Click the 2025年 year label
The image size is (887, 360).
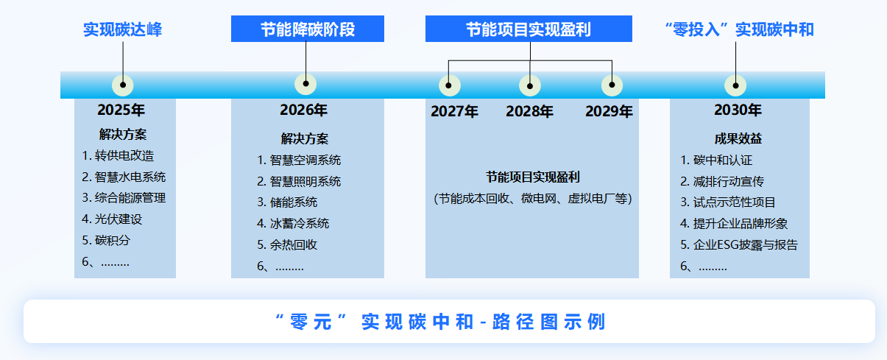(x=121, y=110)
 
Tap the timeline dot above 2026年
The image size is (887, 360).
(x=305, y=84)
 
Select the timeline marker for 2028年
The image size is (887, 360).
(x=530, y=85)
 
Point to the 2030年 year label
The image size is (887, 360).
(x=738, y=110)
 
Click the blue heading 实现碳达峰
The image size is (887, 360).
(x=123, y=29)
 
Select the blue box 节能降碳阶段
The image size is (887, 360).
(x=308, y=29)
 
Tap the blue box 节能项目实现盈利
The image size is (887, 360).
(x=529, y=29)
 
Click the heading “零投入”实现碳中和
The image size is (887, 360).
(x=739, y=29)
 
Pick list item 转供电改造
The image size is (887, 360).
(x=118, y=155)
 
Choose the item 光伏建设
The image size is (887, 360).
(x=112, y=219)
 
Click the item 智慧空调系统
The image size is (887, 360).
(x=299, y=160)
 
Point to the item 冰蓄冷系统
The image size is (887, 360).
(x=293, y=223)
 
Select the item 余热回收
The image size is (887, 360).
(x=287, y=244)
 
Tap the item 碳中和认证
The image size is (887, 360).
(x=716, y=160)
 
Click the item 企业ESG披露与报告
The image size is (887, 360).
(x=739, y=244)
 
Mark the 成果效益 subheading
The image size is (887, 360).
(x=738, y=138)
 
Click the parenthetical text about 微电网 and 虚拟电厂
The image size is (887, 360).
(x=533, y=198)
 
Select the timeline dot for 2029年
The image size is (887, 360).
(x=612, y=85)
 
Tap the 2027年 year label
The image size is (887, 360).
(x=455, y=111)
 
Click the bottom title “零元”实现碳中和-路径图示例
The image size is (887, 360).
(x=441, y=322)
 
